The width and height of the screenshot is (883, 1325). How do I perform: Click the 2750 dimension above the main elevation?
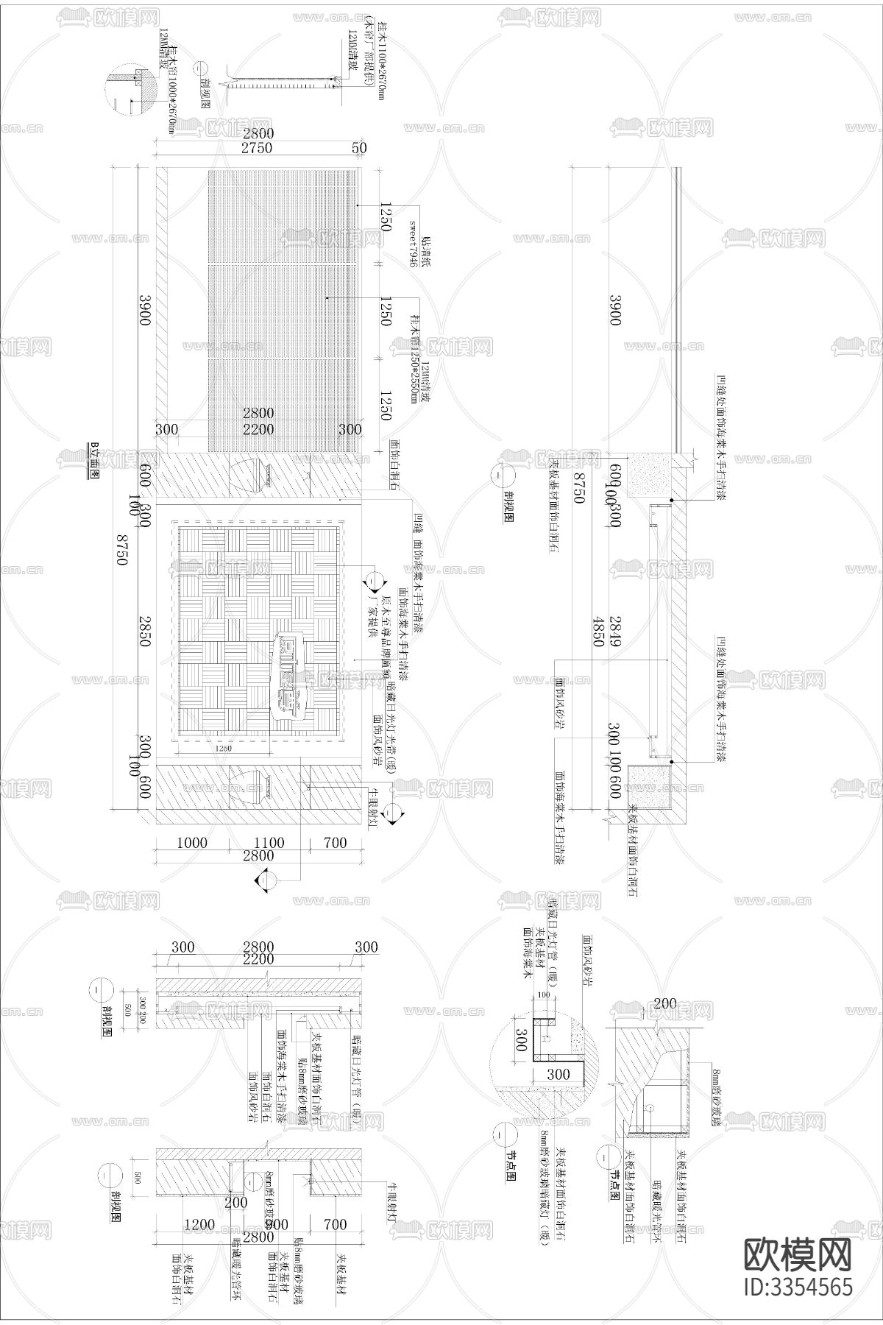(256, 148)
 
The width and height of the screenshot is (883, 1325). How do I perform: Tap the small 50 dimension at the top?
(359, 148)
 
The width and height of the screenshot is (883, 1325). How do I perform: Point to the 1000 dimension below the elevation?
(192, 843)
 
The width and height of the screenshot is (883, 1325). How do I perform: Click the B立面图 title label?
(93, 462)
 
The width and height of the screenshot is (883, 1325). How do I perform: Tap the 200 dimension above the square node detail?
(665, 1003)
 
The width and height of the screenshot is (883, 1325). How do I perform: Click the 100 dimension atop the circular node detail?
(545, 995)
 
